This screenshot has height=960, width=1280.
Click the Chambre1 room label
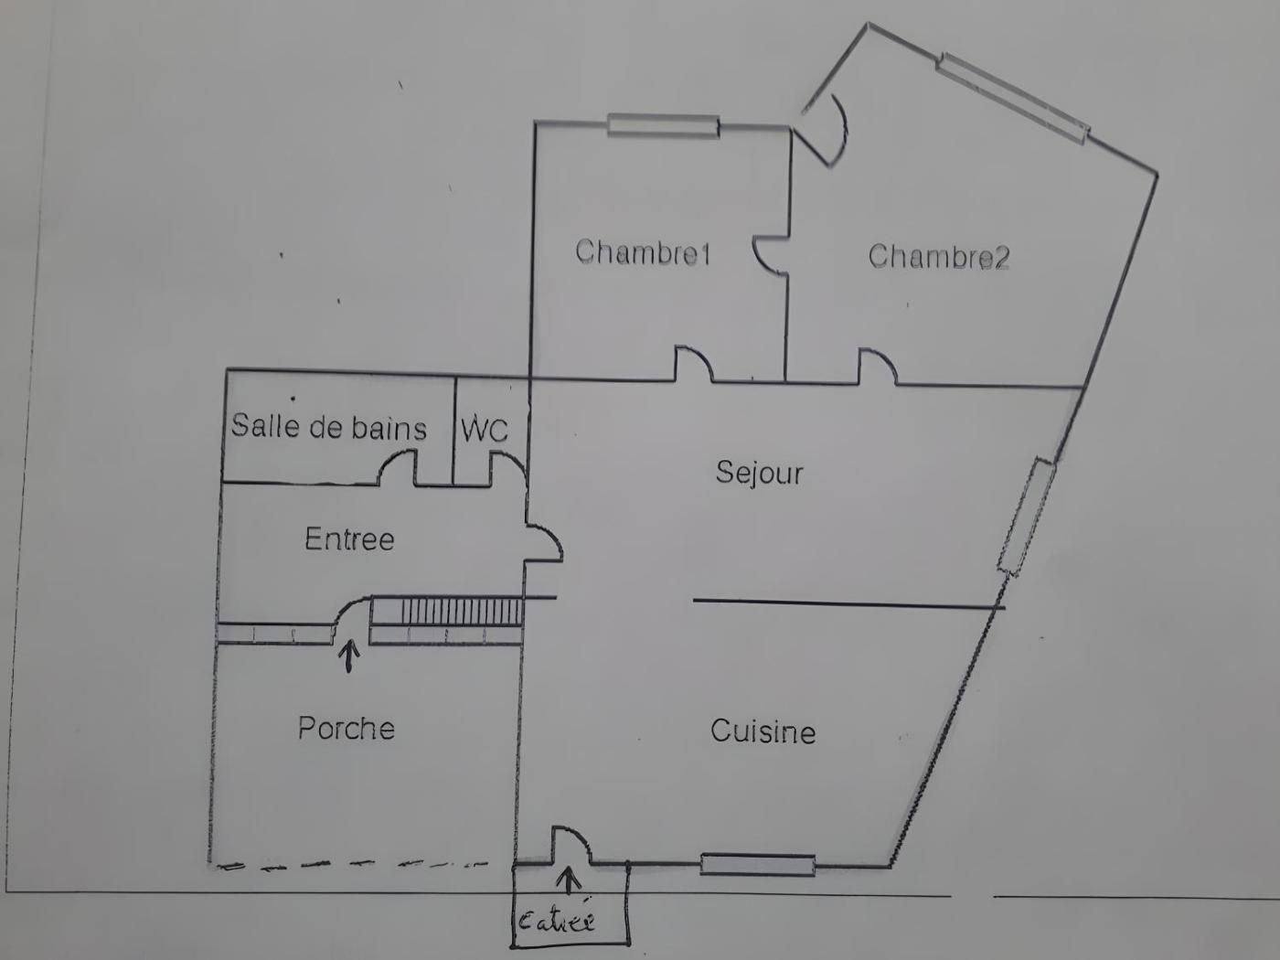click(x=643, y=252)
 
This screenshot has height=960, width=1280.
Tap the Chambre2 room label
click(x=938, y=257)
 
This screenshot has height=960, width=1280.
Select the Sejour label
click(x=759, y=473)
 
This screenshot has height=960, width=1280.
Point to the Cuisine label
click(x=763, y=731)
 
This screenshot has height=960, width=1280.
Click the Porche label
click(x=347, y=728)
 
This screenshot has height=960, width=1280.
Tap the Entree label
click(x=349, y=539)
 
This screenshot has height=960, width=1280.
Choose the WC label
click(x=484, y=429)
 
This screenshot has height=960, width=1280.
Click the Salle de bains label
click(x=328, y=426)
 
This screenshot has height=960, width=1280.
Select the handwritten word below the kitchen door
click(x=557, y=919)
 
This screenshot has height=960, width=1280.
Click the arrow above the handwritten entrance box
click(x=569, y=880)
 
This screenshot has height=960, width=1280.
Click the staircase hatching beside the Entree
click(x=462, y=611)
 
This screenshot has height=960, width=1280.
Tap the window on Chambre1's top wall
click(x=663, y=125)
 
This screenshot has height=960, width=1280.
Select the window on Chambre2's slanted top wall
click(x=1013, y=98)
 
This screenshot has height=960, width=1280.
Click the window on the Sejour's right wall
click(x=1026, y=517)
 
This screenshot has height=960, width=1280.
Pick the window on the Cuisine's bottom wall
click(x=758, y=864)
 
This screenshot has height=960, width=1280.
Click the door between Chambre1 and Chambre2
click(x=770, y=254)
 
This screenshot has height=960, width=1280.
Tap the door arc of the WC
click(x=507, y=467)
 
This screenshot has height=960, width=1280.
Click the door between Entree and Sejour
click(x=543, y=541)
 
